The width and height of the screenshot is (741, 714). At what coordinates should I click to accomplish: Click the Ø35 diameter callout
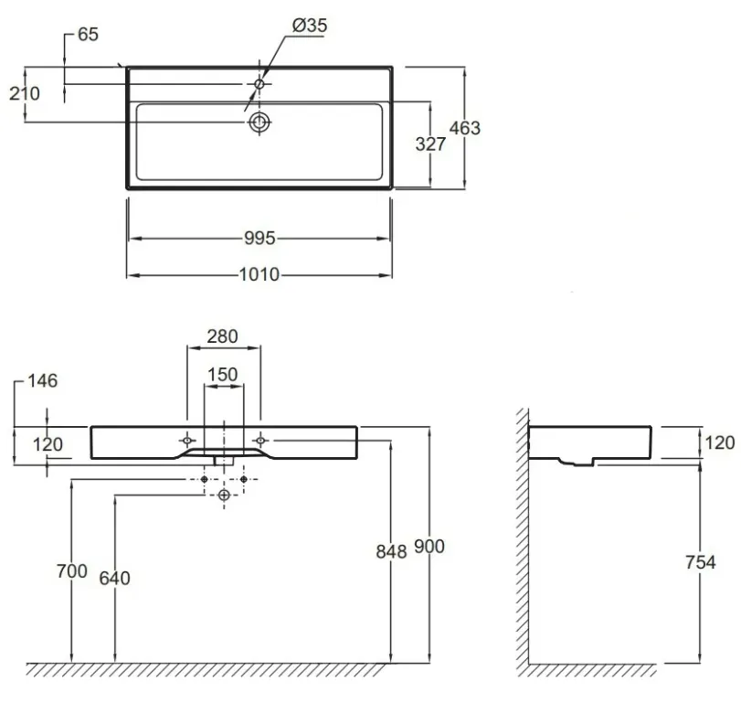310,26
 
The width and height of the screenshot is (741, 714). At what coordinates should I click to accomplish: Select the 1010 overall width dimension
259,275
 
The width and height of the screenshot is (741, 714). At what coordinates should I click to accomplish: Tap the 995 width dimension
259,238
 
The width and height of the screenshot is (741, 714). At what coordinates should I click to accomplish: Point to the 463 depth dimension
464,128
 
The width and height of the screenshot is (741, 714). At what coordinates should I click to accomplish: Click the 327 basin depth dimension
430,144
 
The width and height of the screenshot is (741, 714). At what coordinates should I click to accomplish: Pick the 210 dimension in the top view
25,93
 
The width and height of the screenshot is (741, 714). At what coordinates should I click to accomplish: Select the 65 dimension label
88,35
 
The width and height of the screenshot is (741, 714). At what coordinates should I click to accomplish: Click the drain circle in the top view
259,123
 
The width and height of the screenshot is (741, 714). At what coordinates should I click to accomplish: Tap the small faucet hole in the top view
259,84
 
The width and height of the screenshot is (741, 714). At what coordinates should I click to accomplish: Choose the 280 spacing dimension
223,336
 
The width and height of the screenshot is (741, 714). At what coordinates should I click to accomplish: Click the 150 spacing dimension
223,375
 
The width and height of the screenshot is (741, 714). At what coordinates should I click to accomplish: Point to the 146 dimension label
43,380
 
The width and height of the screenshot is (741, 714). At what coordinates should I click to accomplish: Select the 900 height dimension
429,547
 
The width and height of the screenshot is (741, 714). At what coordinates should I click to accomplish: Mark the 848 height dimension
391,552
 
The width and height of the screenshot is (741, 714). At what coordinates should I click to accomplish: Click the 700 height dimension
72,571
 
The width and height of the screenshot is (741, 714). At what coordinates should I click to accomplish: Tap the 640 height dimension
115,579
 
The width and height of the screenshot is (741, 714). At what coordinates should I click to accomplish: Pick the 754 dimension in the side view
701,562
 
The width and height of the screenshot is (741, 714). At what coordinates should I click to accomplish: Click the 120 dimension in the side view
720,443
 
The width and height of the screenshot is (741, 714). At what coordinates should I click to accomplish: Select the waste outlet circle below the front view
224,496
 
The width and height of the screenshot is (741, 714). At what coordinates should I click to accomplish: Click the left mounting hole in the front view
187,441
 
